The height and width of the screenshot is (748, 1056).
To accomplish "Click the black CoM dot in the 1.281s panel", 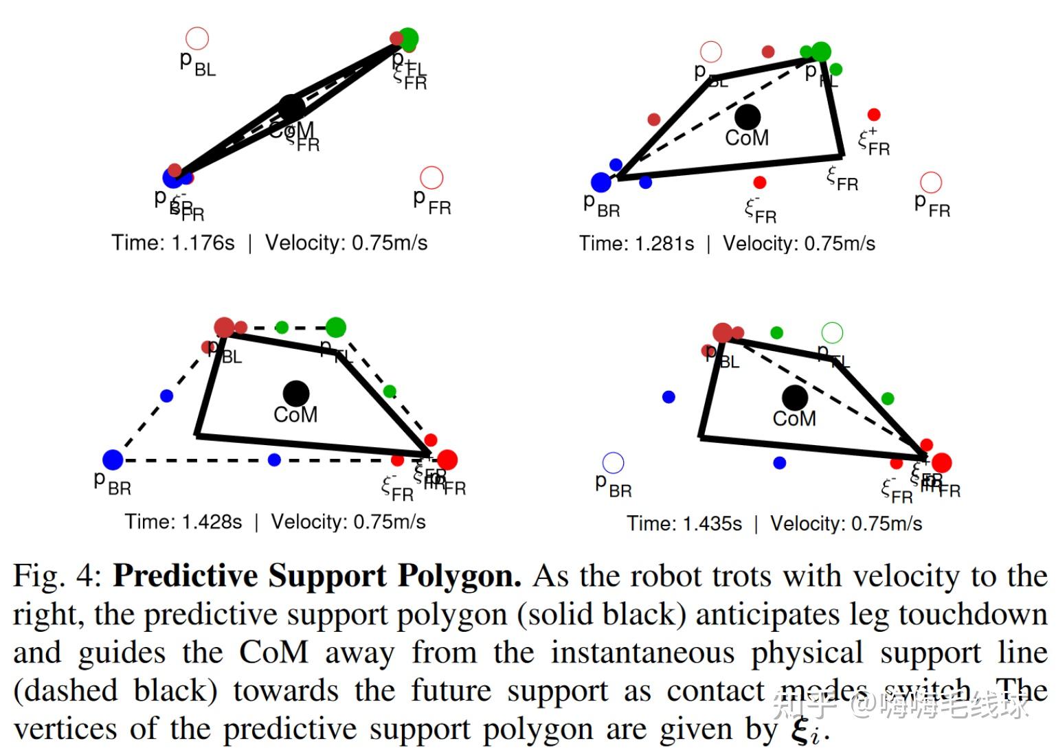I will click(x=748, y=117).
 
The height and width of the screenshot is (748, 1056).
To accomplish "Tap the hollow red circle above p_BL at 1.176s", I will click(x=197, y=38).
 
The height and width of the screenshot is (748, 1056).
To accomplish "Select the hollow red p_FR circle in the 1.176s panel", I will click(x=431, y=177).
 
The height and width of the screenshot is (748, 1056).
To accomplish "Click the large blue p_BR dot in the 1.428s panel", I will click(x=113, y=460).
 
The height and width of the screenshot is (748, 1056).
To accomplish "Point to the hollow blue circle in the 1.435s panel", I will click(x=613, y=462).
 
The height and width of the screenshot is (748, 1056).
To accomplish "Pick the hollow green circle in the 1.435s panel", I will click(x=832, y=332).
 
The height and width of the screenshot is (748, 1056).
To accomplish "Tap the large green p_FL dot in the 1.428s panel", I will click(x=336, y=327).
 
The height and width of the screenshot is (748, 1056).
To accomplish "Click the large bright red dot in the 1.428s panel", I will click(x=447, y=460).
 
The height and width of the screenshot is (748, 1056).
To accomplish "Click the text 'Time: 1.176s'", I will click(x=173, y=243).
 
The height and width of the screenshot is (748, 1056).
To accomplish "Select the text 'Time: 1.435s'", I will click(x=684, y=524).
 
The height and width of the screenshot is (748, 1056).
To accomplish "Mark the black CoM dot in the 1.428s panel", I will click(x=296, y=394).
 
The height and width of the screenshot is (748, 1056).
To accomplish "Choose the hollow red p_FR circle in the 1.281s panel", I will click(x=931, y=182).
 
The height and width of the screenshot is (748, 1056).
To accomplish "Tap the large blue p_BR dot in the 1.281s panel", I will click(x=601, y=182).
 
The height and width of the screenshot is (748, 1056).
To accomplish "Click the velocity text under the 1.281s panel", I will click(x=799, y=244).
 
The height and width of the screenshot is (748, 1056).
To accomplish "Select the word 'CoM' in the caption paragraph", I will click(x=273, y=653).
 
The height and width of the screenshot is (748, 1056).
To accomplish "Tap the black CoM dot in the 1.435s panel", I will click(x=795, y=397).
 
